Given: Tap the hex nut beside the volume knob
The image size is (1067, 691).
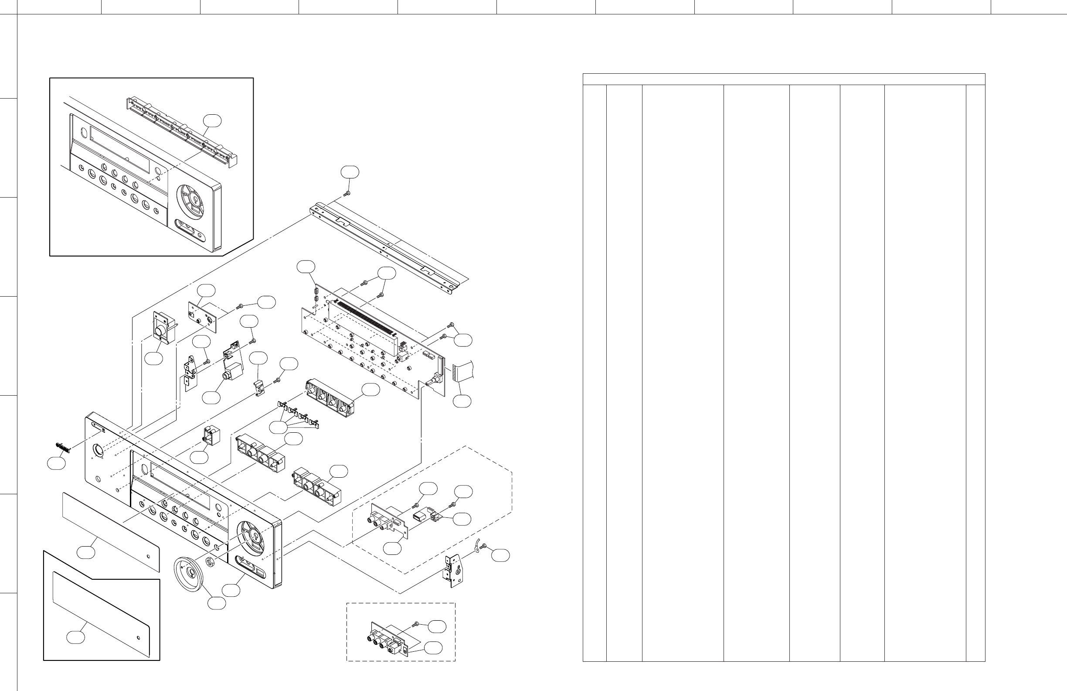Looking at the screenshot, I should tap(209, 561).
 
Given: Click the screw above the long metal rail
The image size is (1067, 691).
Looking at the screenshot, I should tap(347, 193).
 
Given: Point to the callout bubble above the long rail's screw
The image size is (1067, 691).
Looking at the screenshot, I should tap(350, 171).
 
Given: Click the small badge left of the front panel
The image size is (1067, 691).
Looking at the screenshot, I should tap(64, 446).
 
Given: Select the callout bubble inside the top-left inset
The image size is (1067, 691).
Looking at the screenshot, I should tap(212, 120).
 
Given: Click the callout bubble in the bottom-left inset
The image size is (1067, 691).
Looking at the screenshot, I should tap(76, 637).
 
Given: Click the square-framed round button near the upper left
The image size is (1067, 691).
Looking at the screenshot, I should tap(160, 332).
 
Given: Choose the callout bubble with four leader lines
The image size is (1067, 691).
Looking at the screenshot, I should tap(278, 428).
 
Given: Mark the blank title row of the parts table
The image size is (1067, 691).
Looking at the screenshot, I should tap(784, 79).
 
